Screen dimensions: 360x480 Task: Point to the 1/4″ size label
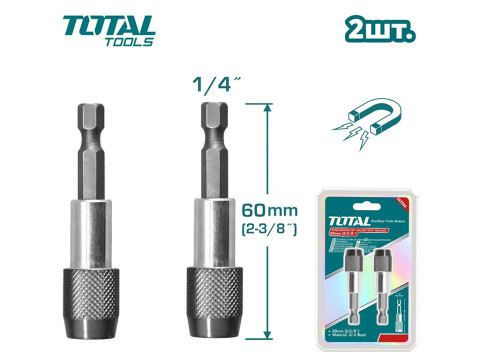coord(209,85)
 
